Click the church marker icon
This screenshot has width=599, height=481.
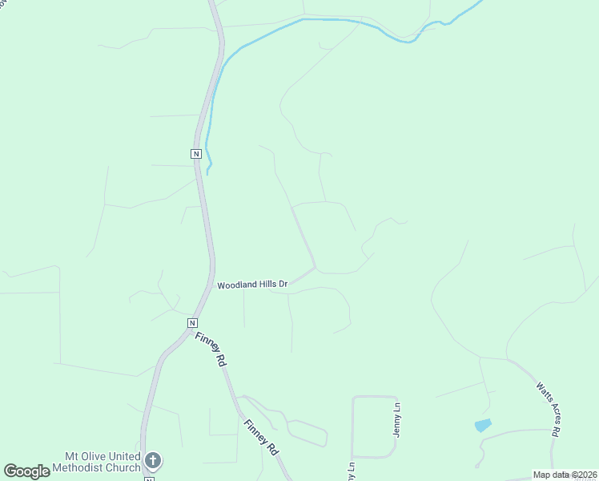click(153, 461)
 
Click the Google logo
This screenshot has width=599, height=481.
click(26, 471)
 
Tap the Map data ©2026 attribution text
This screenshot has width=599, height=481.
click(565, 475)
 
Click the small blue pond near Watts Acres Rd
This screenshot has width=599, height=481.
click(482, 425)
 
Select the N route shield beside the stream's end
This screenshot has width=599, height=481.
click(195, 153)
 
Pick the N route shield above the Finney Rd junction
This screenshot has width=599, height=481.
click(192, 322)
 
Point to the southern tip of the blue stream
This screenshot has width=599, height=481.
click(208, 172)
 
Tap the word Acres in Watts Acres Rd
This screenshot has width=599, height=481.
click(548, 408)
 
